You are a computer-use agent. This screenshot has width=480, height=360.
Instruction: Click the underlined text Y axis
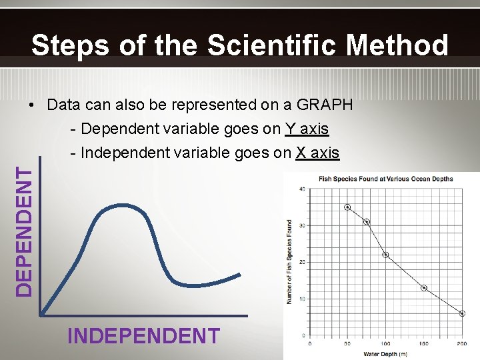(307, 129)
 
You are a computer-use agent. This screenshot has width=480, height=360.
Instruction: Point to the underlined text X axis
(317, 153)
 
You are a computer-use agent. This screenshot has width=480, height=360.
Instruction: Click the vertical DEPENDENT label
(24, 231)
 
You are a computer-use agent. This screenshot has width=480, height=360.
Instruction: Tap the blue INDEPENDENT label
(143, 335)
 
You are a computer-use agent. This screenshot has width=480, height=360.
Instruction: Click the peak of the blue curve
(121, 204)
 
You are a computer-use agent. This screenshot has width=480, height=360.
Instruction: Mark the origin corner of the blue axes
(41, 315)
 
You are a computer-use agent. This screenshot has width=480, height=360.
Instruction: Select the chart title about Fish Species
(385, 179)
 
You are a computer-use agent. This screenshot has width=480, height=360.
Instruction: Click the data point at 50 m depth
(347, 207)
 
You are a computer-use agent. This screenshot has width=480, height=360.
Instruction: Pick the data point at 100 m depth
(385, 255)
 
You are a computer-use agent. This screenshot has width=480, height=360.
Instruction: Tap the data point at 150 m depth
(424, 288)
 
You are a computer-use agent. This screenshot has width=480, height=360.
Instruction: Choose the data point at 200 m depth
(462, 313)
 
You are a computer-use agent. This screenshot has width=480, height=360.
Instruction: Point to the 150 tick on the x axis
(424, 344)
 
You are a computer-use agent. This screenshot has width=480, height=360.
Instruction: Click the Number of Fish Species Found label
(289, 262)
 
